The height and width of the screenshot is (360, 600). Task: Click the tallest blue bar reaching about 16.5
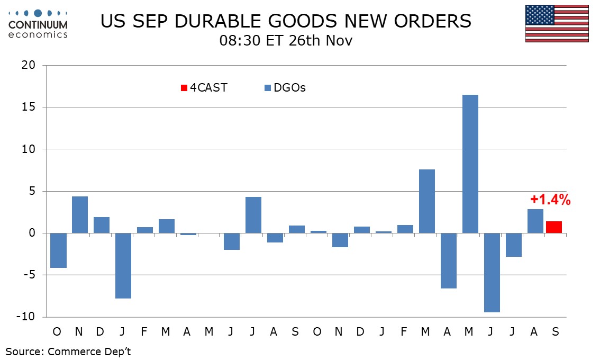click(470, 164)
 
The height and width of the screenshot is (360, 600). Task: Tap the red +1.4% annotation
click(551, 200)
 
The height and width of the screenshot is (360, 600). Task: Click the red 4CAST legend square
click(184, 88)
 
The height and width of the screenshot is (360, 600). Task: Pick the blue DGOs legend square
click(268, 88)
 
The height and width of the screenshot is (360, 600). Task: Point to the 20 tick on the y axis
click(29, 66)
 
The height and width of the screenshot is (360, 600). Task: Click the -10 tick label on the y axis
click(26, 317)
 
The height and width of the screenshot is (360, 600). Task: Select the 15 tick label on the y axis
click(29, 107)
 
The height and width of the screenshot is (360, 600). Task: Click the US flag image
click(557, 23)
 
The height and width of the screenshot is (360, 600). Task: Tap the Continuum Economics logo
click(38, 23)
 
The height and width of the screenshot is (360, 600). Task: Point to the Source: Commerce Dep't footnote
click(68, 352)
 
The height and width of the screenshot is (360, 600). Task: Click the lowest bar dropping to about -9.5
click(492, 273)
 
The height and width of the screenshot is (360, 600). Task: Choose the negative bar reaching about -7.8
click(123, 266)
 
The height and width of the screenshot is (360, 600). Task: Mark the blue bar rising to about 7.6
click(427, 201)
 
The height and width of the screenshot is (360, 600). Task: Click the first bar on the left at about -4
click(58, 250)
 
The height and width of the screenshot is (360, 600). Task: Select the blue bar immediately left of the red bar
click(535, 221)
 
